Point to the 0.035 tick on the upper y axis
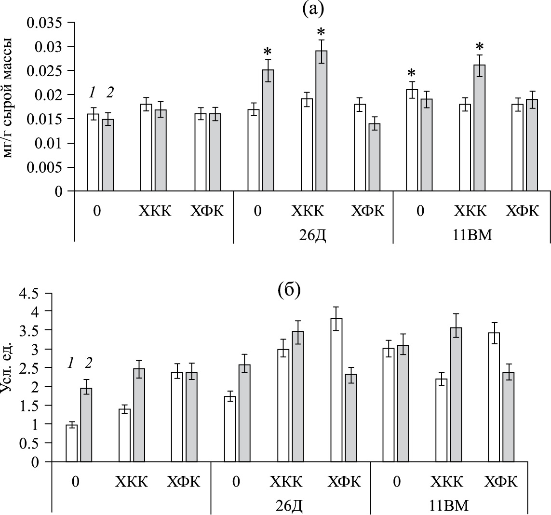(x=46, y=23)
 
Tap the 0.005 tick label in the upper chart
(x=46, y=167)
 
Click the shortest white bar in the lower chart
(x=72, y=443)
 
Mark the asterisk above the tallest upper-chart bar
(x=322, y=33)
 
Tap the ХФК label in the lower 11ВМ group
(x=501, y=482)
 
